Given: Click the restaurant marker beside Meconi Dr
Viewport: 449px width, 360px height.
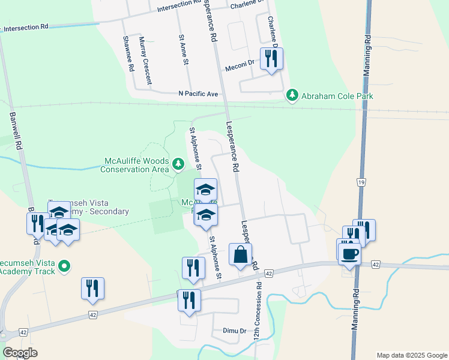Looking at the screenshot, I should [271, 59].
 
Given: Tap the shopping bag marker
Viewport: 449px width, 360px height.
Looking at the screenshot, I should [240, 254].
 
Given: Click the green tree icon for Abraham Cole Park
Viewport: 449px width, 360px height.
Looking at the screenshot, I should [292, 95].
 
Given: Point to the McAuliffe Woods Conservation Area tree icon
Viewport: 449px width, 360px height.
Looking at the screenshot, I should [178, 163].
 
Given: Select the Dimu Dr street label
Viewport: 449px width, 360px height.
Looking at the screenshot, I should [235, 331].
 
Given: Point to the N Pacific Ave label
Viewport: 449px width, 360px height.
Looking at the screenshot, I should [198, 94].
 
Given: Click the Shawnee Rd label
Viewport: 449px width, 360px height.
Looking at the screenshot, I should [127, 53].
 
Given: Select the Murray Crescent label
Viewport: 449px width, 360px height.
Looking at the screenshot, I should [145, 55].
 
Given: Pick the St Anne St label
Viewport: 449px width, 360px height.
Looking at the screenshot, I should [184, 49].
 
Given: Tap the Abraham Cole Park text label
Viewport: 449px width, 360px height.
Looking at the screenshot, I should [337, 96].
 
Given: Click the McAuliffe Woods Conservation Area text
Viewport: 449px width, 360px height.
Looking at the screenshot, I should [136, 165].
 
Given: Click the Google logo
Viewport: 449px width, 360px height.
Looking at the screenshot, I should [20, 353].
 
